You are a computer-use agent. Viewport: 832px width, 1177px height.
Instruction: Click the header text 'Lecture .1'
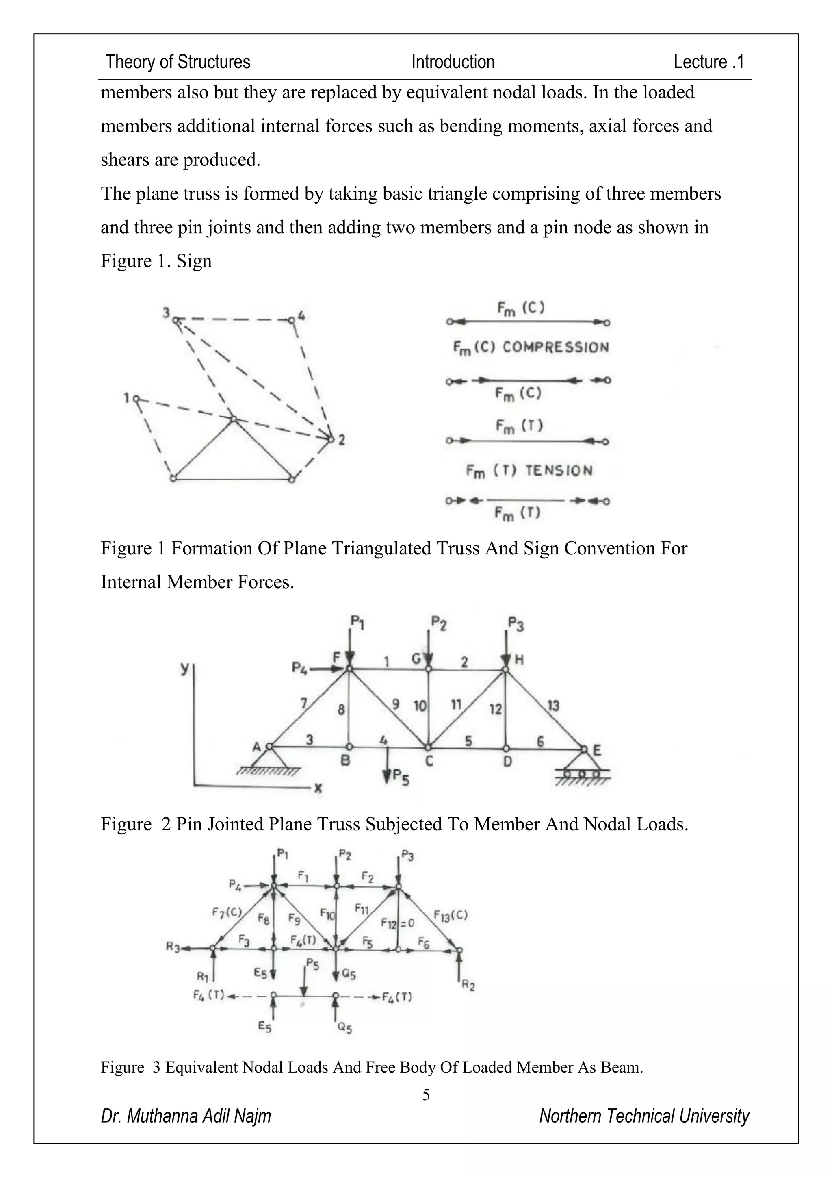coord(708,62)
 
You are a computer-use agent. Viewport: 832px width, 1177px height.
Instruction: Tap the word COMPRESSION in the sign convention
coord(555,347)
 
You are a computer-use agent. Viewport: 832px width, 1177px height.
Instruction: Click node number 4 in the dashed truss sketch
coord(301,316)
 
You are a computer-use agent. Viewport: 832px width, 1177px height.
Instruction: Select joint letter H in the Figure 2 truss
coord(518,659)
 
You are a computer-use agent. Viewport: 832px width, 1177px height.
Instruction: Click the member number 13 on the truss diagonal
coord(553,706)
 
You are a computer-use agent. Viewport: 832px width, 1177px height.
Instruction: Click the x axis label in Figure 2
coord(318,789)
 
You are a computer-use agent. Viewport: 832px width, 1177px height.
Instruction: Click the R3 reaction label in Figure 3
coord(173,947)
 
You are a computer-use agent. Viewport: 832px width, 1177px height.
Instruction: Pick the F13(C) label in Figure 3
coord(450,915)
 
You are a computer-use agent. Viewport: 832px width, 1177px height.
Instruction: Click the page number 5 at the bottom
coord(426,1095)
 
